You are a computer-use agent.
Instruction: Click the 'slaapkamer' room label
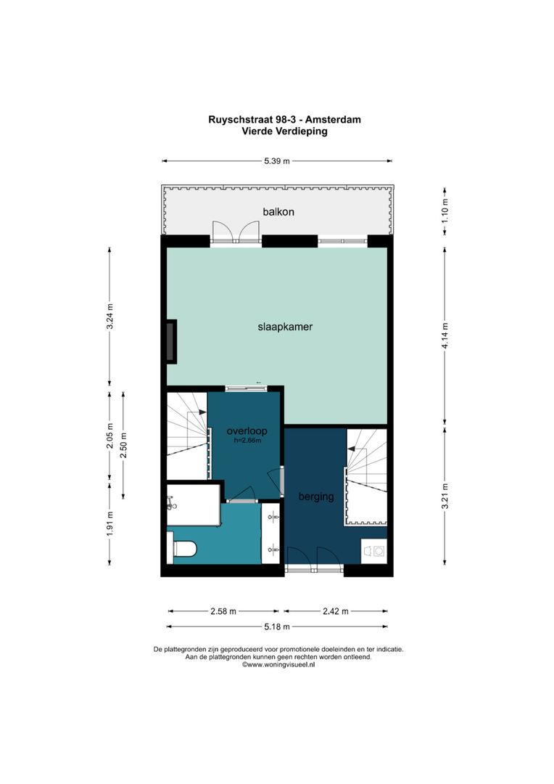pos(286,327)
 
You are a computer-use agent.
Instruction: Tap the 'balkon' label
pos(276,212)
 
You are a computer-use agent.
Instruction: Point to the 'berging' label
pos(315,497)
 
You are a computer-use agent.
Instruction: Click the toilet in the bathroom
pos(183,549)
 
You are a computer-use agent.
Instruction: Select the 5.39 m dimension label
pos(276,161)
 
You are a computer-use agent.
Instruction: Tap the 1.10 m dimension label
pos(445,211)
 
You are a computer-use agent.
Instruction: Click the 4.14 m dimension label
pos(445,335)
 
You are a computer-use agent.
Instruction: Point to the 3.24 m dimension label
pos(109,317)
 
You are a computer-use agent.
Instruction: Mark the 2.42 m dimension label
pos(336,611)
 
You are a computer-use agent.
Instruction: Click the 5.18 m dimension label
pos(276,626)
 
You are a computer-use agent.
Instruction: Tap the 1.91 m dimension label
pos(109,524)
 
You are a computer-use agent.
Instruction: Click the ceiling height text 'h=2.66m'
pos(243,440)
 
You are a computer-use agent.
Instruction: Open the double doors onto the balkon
pos(236,232)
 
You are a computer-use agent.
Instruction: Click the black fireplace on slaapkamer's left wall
pos(171,341)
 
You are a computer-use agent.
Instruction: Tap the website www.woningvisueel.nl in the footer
pos(279,664)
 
